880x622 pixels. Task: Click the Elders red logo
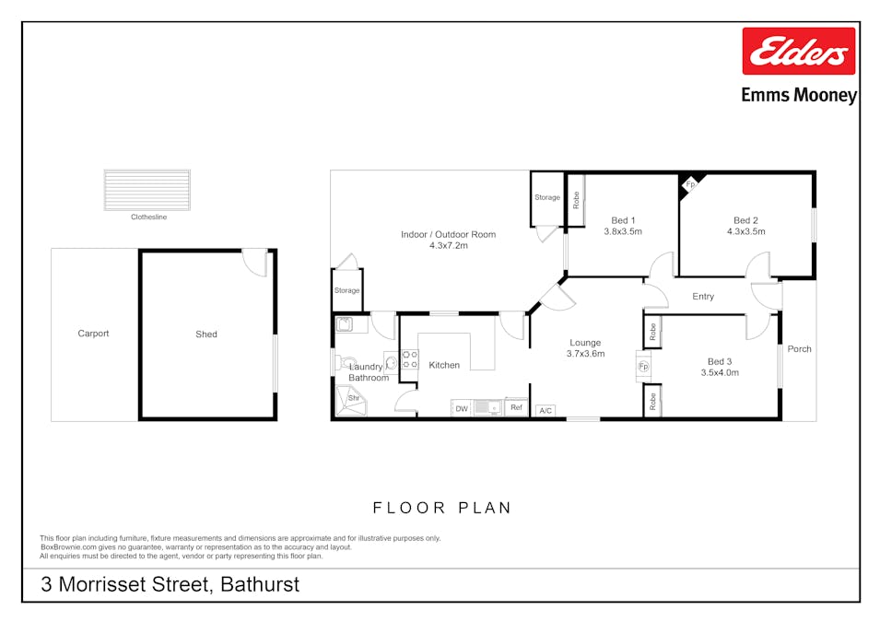(x=798, y=51)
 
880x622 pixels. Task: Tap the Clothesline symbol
(x=147, y=190)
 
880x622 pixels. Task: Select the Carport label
(x=93, y=334)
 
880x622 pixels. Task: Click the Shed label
(x=206, y=334)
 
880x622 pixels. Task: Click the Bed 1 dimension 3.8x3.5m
(x=623, y=231)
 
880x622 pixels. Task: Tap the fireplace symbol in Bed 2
(x=690, y=184)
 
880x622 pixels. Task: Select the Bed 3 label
(x=720, y=361)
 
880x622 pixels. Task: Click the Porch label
(x=799, y=349)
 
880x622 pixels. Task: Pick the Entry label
(x=703, y=297)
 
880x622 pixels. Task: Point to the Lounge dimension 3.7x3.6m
(x=585, y=354)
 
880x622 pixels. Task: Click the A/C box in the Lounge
(x=546, y=410)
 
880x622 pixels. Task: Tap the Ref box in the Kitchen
(x=516, y=407)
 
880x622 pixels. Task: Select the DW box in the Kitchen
(x=462, y=409)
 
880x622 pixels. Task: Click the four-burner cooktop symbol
(x=410, y=360)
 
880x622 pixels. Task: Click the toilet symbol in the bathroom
(x=345, y=363)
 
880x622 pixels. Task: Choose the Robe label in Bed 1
(x=576, y=200)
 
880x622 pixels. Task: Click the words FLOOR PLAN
(x=442, y=508)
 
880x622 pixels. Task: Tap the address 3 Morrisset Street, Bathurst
(x=170, y=584)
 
